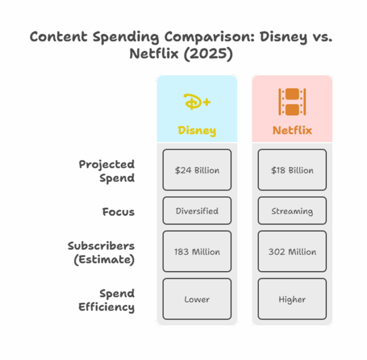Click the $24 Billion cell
(x=197, y=170)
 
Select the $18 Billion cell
(x=292, y=170)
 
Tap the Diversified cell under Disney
(x=197, y=211)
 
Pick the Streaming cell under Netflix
(x=292, y=211)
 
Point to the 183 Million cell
(x=197, y=252)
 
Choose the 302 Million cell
(x=292, y=252)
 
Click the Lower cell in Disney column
(x=197, y=299)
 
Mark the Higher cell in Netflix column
(x=292, y=299)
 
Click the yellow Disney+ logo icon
(x=197, y=102)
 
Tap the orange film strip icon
(x=292, y=102)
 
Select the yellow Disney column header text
(x=197, y=131)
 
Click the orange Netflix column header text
(x=292, y=131)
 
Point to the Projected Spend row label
(x=107, y=171)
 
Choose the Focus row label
(x=118, y=211)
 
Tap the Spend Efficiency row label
(x=107, y=300)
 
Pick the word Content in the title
(x=59, y=36)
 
